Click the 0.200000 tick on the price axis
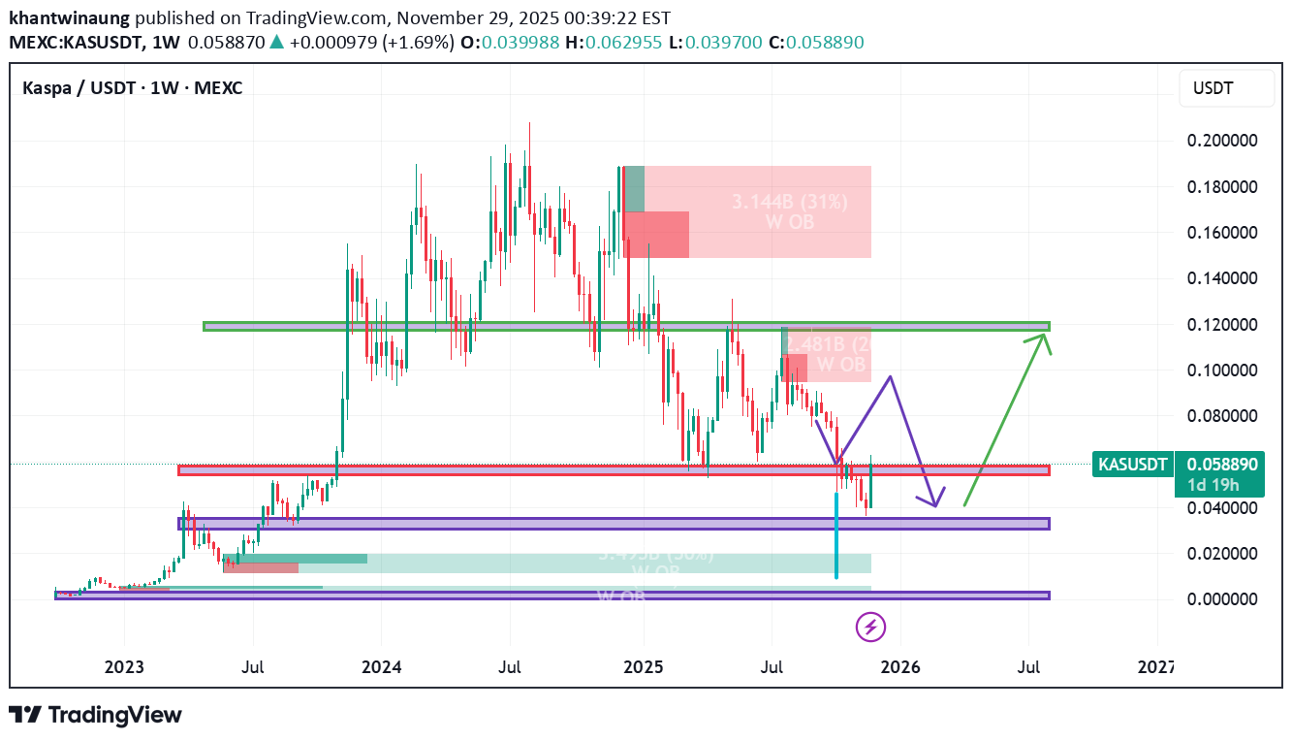click(1222, 142)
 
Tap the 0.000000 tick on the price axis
click(1222, 599)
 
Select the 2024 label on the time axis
click(381, 667)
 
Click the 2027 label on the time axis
click(1155, 667)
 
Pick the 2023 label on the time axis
click(124, 667)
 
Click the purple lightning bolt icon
click(870, 627)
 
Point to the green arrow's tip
click(1046, 334)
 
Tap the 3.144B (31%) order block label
click(790, 202)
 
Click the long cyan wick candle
click(835, 533)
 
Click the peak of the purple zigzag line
click(890, 376)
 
